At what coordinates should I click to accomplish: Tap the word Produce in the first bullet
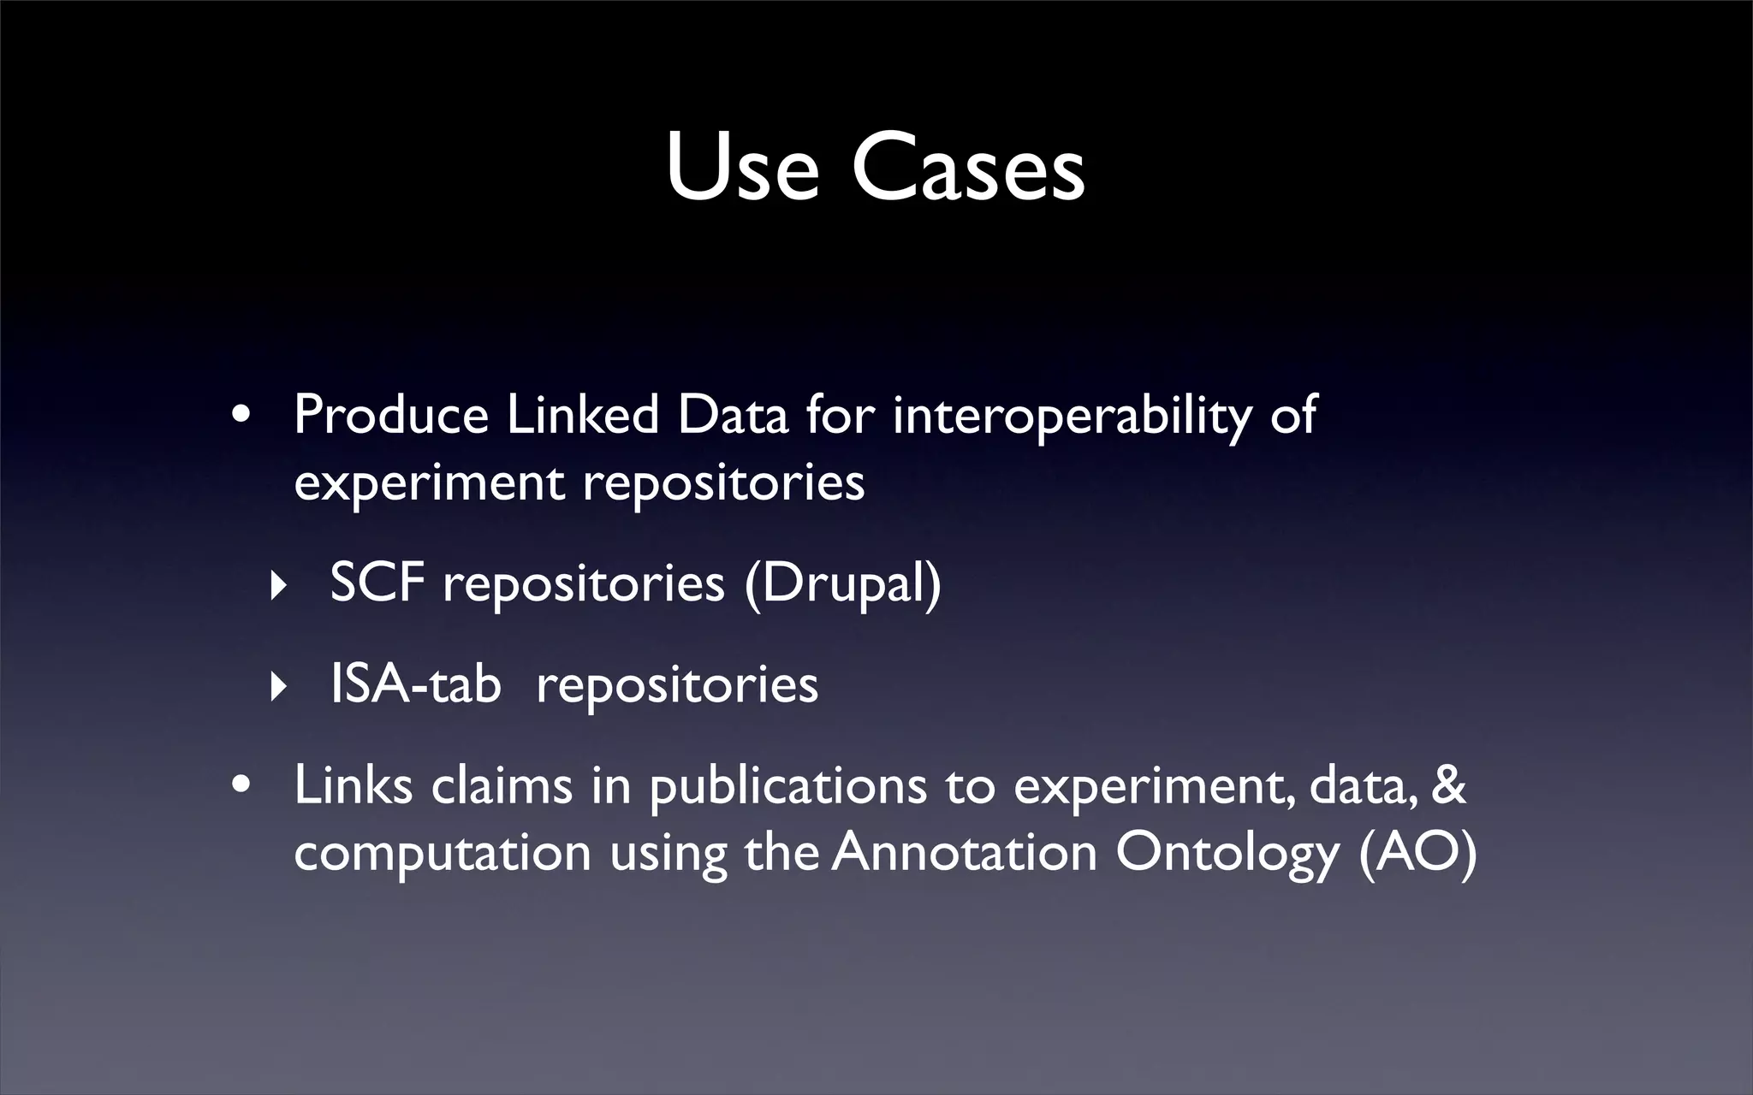click(x=391, y=416)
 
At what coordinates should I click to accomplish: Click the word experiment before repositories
click(x=429, y=484)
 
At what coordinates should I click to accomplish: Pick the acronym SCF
click(x=377, y=583)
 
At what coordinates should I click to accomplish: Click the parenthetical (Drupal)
click(x=843, y=585)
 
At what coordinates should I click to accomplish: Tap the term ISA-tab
click(x=415, y=684)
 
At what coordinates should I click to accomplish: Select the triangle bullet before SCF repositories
click(x=276, y=587)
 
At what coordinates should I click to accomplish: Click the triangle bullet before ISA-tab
click(x=276, y=687)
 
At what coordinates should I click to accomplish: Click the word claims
click(x=501, y=785)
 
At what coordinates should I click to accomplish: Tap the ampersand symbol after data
click(x=1447, y=785)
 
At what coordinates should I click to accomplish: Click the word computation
click(x=443, y=854)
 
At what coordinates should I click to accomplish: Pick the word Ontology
click(x=1227, y=854)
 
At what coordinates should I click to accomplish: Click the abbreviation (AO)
click(x=1417, y=854)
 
